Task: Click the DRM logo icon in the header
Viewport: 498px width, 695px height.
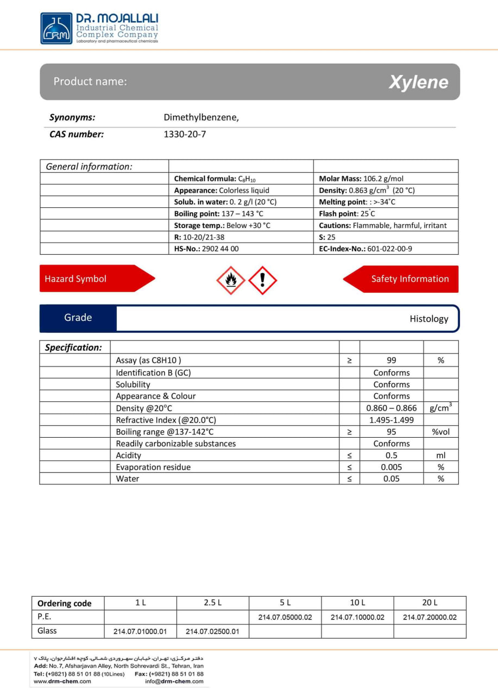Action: click(x=56, y=28)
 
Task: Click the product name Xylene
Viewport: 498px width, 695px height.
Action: click(x=418, y=82)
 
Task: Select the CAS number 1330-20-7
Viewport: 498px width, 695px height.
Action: click(x=185, y=134)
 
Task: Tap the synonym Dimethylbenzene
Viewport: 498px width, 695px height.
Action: click(x=201, y=117)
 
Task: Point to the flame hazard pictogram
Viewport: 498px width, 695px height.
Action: click(x=231, y=280)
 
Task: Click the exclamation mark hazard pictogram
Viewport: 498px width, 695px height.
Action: click(x=263, y=280)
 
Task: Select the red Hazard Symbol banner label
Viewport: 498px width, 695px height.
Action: click(x=75, y=279)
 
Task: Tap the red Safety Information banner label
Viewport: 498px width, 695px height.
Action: click(x=409, y=279)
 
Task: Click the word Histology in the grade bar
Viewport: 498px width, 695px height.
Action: click(x=428, y=319)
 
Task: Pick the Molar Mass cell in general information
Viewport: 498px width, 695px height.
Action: click(x=361, y=179)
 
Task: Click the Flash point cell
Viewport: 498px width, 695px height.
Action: click(x=347, y=214)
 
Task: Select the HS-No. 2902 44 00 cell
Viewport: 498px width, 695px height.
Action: click(x=206, y=249)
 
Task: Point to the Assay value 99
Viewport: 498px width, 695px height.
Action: click(x=392, y=361)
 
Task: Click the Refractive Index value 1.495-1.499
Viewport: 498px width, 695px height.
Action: click(x=392, y=420)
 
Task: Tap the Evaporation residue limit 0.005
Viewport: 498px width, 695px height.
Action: click(x=392, y=467)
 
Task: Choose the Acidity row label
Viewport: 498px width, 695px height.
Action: click(x=129, y=456)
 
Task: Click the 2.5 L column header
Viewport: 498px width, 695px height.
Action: click(x=213, y=603)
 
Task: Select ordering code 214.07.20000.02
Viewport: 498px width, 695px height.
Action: click(x=430, y=617)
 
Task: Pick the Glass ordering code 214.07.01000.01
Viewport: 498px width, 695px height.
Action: click(x=140, y=631)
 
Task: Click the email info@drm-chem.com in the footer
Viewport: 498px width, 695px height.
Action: click(x=174, y=681)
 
